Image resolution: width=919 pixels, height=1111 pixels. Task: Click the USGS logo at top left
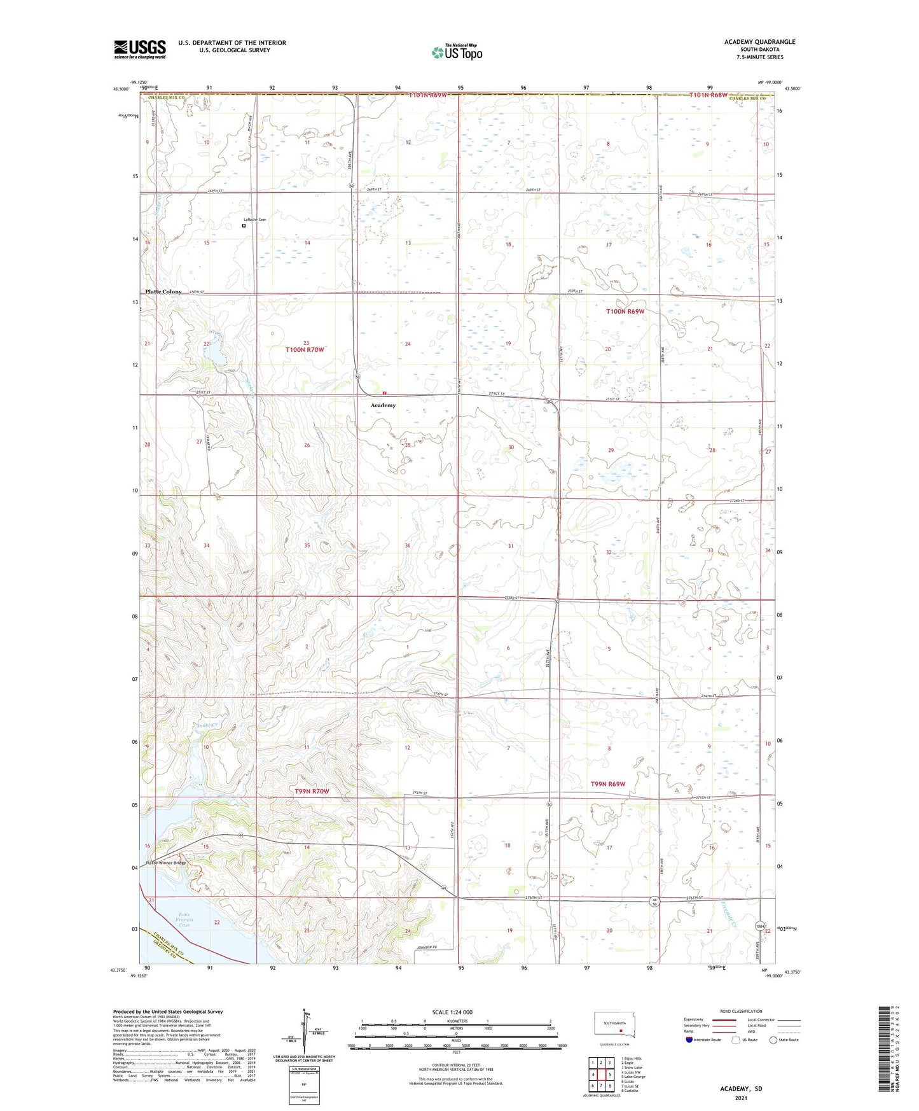(140, 49)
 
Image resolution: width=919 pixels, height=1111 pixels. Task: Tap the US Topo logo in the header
(457, 52)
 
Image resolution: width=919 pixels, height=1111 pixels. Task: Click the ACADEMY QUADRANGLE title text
(759, 42)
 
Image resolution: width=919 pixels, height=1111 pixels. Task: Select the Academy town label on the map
(383, 405)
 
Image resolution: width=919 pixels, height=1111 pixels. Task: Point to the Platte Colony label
(163, 291)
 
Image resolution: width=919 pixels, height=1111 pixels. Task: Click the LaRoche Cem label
(254, 220)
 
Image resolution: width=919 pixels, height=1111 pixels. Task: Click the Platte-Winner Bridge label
(166, 863)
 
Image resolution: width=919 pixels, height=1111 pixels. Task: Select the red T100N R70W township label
(305, 350)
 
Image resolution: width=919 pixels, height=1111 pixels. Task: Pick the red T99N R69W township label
(607, 784)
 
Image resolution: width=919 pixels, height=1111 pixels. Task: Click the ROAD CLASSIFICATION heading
(741, 1011)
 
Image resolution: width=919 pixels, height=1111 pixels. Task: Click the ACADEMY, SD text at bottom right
(741, 1089)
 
